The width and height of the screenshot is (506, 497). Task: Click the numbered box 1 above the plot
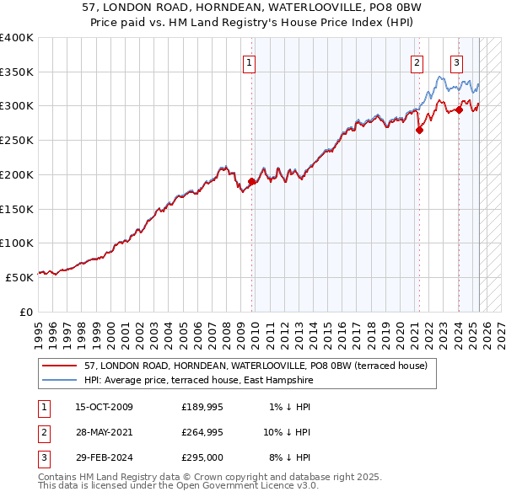pos(250,61)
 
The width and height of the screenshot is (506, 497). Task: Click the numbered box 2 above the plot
pos(417,61)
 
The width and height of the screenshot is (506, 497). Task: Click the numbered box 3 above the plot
pos(456,61)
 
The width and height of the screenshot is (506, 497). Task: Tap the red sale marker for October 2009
pos(251,181)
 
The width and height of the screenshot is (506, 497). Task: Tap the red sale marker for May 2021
pos(419,130)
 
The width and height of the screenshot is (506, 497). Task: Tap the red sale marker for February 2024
pos(459,109)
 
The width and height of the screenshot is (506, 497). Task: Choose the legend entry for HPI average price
pos(198,381)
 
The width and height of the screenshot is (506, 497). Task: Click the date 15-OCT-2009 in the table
pos(104,407)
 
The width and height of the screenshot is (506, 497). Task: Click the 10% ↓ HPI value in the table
pos(288,432)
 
